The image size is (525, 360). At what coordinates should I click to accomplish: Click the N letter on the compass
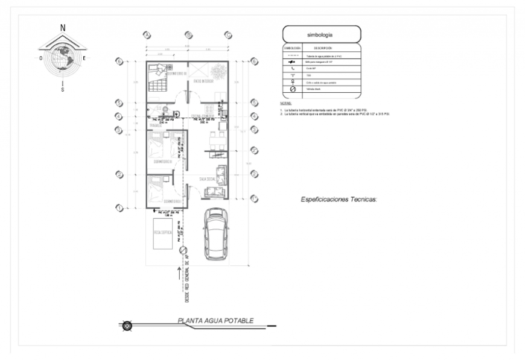coord(63,27)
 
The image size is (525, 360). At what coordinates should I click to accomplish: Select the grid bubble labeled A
coord(147,35)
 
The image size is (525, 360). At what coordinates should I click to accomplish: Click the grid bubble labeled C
coord(228,35)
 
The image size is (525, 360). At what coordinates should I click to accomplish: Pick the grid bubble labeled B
coord(188,35)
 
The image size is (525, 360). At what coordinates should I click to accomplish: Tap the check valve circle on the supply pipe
coord(183,250)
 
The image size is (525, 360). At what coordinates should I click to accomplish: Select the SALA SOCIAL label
coord(208,180)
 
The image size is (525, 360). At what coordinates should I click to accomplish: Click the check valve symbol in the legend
coord(293,89)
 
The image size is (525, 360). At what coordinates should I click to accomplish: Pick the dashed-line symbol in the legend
coord(293,55)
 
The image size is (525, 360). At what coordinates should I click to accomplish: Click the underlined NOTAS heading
coord(286,103)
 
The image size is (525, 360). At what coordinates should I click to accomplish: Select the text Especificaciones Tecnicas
coord(339,198)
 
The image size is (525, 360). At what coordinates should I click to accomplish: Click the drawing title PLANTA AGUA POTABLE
coord(215,321)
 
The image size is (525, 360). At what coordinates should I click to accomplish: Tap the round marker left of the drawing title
coord(127,326)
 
